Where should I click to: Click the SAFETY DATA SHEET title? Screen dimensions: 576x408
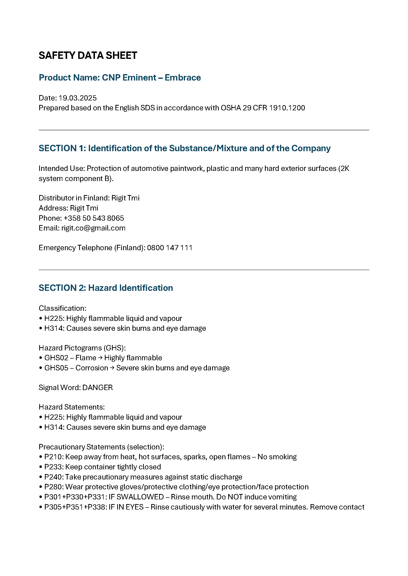[x=88, y=55]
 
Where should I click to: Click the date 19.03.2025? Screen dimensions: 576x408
[x=77, y=98]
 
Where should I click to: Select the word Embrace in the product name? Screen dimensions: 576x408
[x=183, y=78]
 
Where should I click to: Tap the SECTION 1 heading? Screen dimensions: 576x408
[x=185, y=148]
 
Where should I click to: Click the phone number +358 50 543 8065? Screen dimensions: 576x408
[x=94, y=218]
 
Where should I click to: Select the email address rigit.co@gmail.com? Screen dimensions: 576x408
[x=93, y=228]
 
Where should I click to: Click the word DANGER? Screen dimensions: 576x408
[x=97, y=388]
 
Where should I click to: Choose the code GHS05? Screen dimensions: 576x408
[x=56, y=368]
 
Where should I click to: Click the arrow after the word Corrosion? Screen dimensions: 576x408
[x=112, y=368]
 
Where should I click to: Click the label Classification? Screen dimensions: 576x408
[x=62, y=308]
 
